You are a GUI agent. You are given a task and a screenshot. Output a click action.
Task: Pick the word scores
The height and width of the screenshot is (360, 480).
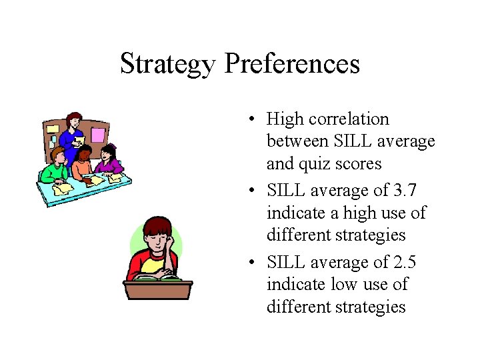pyautogui.click(x=359, y=164)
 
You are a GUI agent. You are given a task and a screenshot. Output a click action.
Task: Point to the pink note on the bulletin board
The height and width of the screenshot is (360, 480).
pyautogui.click(x=98, y=135)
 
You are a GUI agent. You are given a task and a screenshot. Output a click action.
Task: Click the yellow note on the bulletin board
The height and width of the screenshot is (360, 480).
pyautogui.click(x=51, y=129)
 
